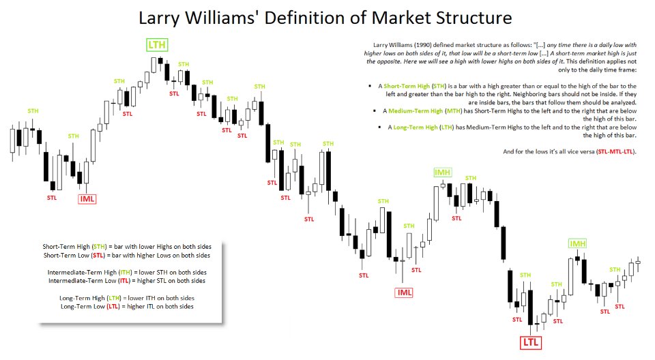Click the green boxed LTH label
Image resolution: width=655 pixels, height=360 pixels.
(x=158, y=46)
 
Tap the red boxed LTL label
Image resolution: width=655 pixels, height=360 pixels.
(x=531, y=342)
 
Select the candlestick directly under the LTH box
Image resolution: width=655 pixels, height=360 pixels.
(x=160, y=63)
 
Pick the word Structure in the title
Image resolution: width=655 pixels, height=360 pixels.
(x=464, y=18)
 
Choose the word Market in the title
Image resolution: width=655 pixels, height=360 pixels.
(x=392, y=18)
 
